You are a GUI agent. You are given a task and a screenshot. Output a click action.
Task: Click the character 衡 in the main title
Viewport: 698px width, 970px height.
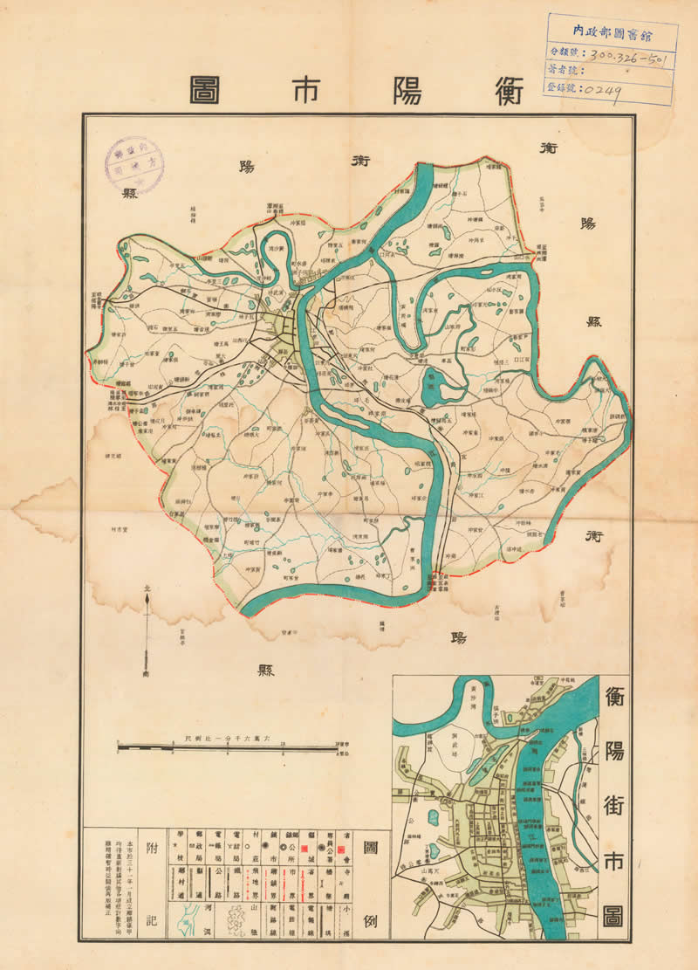(506, 90)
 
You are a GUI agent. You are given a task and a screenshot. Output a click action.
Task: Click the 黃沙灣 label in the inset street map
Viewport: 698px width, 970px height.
(472, 691)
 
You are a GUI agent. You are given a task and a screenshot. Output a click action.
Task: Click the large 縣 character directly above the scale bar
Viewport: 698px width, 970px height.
(266, 671)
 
